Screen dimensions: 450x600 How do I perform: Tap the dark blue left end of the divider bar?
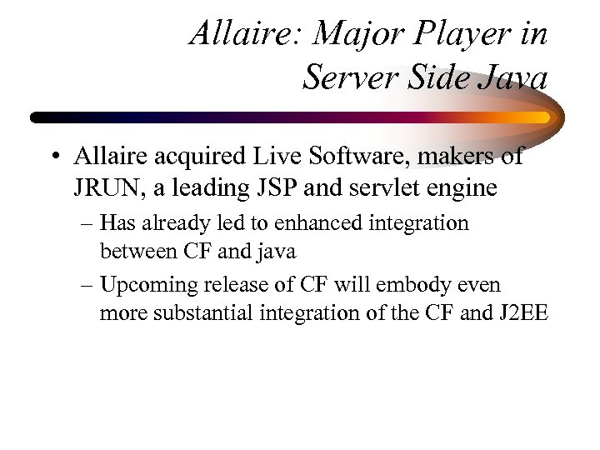[42, 117]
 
